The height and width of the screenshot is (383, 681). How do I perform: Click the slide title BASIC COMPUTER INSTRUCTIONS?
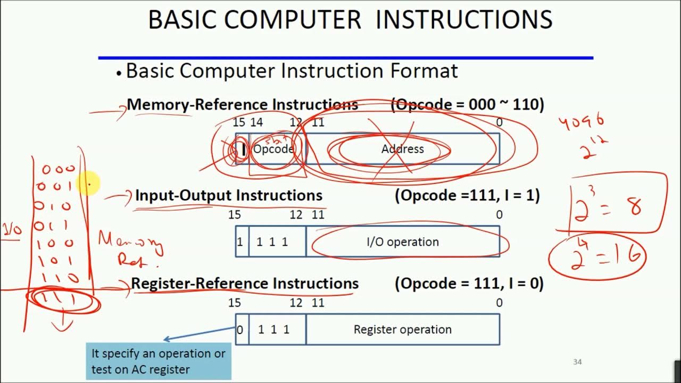[x=350, y=20]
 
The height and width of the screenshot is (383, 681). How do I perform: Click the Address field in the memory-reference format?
[x=402, y=149]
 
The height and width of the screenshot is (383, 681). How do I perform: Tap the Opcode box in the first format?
[x=273, y=149]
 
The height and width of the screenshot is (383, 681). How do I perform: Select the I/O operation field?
[x=403, y=242]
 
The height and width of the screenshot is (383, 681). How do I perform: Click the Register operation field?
[x=403, y=330]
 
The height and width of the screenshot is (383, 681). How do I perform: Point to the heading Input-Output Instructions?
[x=229, y=195]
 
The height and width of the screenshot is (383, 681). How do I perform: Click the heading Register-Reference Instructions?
[x=245, y=284]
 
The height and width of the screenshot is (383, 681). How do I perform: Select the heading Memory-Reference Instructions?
[x=242, y=105]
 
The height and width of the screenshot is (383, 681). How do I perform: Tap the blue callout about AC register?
[x=159, y=361]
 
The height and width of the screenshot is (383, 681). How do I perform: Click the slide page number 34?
[x=577, y=362]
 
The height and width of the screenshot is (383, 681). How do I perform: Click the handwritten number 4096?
[x=581, y=123]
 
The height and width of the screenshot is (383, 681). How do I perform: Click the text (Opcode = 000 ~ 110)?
[x=467, y=105]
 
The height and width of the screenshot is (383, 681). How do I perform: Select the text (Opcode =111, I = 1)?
[x=467, y=195]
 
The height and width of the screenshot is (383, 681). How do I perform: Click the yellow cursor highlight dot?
[x=88, y=184]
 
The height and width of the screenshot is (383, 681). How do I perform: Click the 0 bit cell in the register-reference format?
[x=240, y=330]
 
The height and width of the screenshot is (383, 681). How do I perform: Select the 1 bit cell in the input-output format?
[x=240, y=242]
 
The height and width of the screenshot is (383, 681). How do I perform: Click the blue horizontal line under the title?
[x=346, y=57]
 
